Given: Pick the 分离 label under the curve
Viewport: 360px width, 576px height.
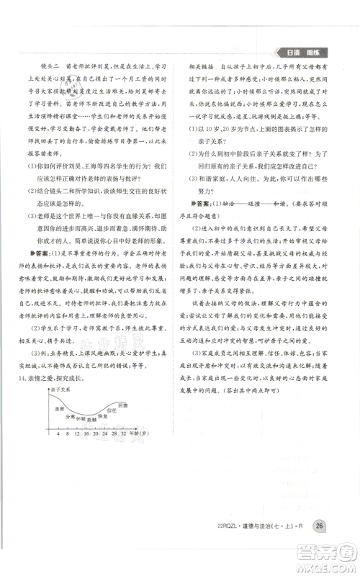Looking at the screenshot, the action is tap(71, 436).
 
